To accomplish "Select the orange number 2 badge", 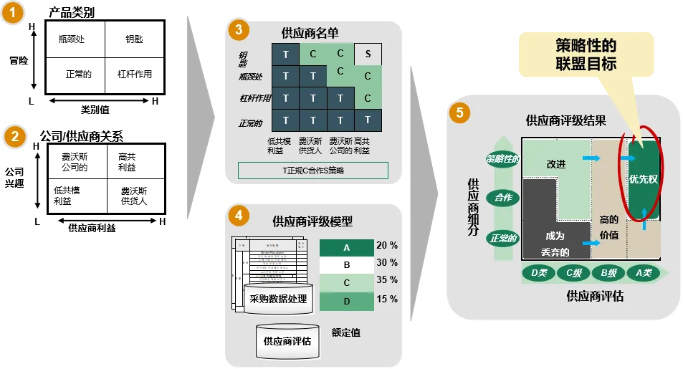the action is point(14,136).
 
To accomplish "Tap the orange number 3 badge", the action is point(238,30).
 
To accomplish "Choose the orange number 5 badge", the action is point(459,113).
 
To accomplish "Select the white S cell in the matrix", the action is point(368,54).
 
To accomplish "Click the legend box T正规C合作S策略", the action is point(313,170).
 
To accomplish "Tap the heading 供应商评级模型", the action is point(312,222).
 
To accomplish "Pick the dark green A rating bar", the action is point(346,248).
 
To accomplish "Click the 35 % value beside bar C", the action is point(387,280).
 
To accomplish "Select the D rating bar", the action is point(346,302).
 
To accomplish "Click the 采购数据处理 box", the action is point(278,299).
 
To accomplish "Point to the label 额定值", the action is point(345,332).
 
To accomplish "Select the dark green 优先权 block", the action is point(643,179).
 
